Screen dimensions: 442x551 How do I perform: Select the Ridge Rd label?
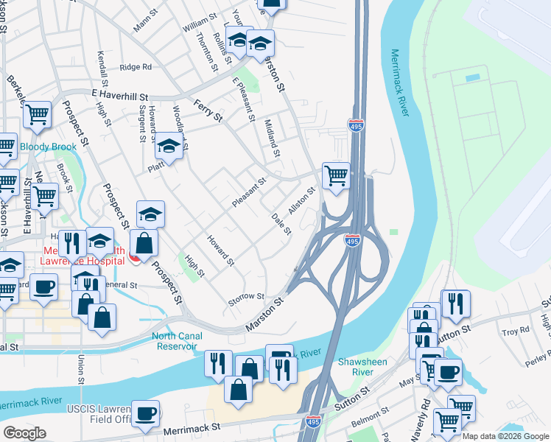[x=136, y=67]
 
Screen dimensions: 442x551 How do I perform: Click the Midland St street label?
[x=273, y=138]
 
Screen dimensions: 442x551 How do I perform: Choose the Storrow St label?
[x=246, y=297]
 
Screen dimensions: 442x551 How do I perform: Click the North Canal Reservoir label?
[x=175, y=341]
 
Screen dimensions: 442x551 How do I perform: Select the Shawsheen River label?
[x=357, y=366]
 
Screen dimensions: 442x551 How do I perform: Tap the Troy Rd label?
[x=511, y=333]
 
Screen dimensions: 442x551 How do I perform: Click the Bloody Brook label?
[x=48, y=147]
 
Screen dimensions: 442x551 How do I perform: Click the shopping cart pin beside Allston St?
[x=336, y=176]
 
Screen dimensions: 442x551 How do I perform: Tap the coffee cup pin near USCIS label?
[x=146, y=413]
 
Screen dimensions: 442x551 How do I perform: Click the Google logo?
[x=24, y=433]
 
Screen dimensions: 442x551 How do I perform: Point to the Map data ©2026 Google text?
[x=506, y=436]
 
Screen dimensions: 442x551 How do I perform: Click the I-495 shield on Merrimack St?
[x=312, y=420]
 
